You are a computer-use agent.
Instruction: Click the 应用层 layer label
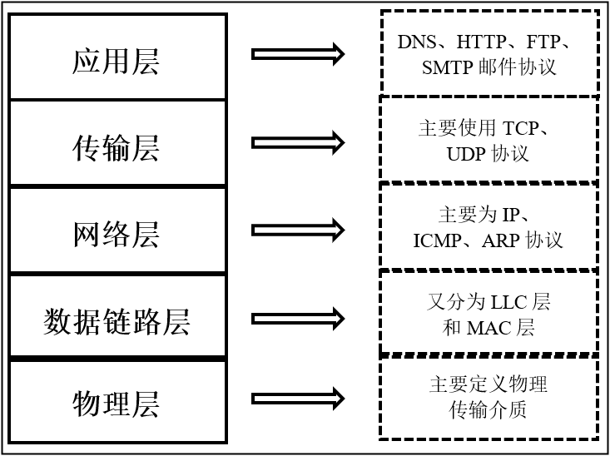(x=116, y=62)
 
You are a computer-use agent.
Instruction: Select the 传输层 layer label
(x=116, y=148)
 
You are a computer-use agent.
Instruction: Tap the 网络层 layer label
(x=116, y=235)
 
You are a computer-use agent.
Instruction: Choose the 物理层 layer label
(x=116, y=405)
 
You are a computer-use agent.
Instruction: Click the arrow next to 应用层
(x=297, y=54)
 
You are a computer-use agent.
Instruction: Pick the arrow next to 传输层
(x=297, y=142)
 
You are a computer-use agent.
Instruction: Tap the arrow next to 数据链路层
(x=297, y=317)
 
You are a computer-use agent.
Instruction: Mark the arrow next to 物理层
(x=297, y=399)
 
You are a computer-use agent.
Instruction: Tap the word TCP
(x=521, y=129)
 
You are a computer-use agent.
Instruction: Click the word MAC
(x=488, y=328)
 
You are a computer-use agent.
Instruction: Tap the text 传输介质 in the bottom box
(x=488, y=409)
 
